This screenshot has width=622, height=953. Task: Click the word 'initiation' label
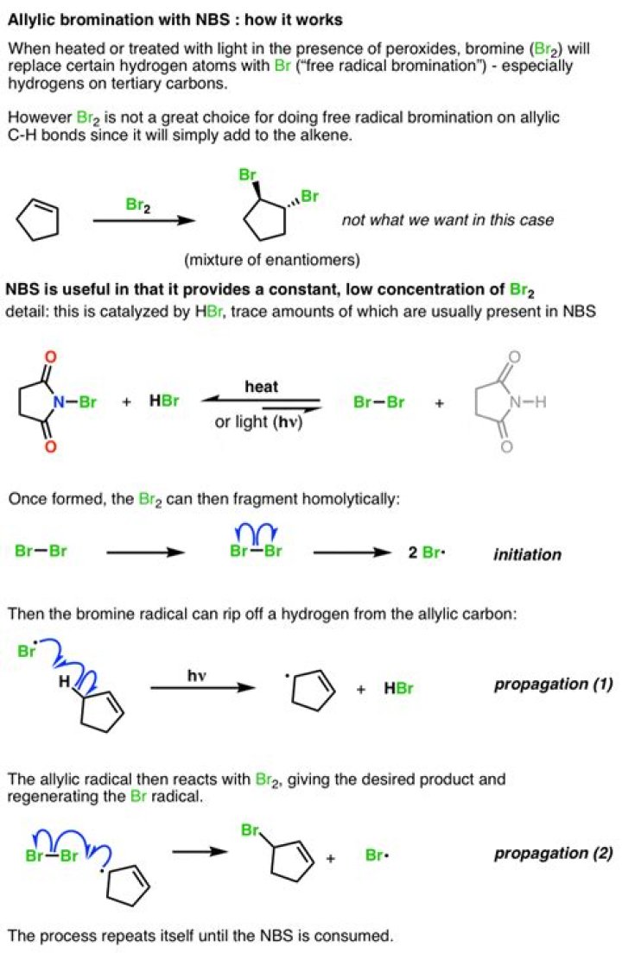(x=526, y=554)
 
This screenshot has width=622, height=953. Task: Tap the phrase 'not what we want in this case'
(x=447, y=219)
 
